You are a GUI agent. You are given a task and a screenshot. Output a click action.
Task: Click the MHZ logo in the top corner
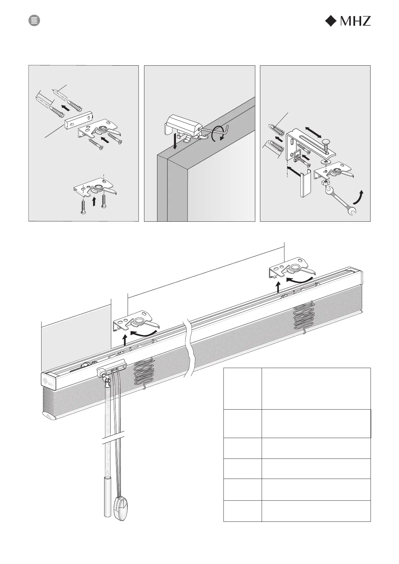tap(348, 21)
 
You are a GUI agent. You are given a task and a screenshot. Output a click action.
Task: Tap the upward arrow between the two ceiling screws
tap(94, 201)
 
